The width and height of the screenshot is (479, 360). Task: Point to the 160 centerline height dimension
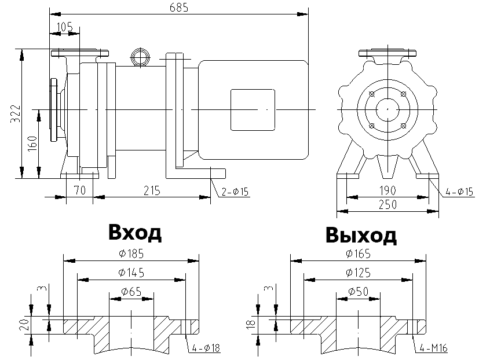point(32,143)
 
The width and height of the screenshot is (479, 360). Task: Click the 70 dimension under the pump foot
point(79,190)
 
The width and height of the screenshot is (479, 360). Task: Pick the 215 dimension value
point(152,190)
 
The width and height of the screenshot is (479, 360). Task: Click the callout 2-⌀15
point(235,192)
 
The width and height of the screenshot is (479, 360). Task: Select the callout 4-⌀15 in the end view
point(459,191)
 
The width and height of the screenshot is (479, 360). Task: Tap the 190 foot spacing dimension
point(389,190)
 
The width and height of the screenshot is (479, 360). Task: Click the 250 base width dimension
point(389,205)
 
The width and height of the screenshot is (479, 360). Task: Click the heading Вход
point(135,233)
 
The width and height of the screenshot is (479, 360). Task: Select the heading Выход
point(361,236)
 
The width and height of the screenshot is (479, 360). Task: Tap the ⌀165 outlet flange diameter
point(358,254)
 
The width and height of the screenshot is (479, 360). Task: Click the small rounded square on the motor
point(253,109)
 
